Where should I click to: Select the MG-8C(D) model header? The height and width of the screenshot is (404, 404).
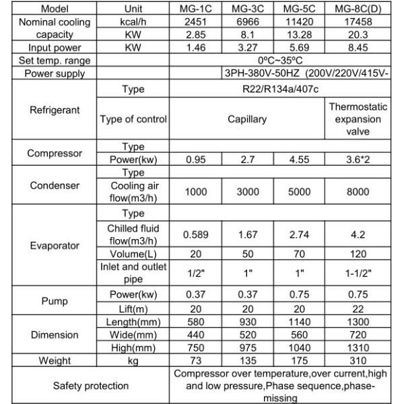[x=358, y=9]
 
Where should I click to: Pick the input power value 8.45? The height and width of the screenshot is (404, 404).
[x=358, y=48]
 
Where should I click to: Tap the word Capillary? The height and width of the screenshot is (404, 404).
[x=247, y=119]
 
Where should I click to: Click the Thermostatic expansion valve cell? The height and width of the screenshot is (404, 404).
[x=358, y=119]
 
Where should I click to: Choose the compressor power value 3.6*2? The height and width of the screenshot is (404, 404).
[x=358, y=160]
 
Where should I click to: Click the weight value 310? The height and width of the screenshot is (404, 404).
[x=358, y=361]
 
